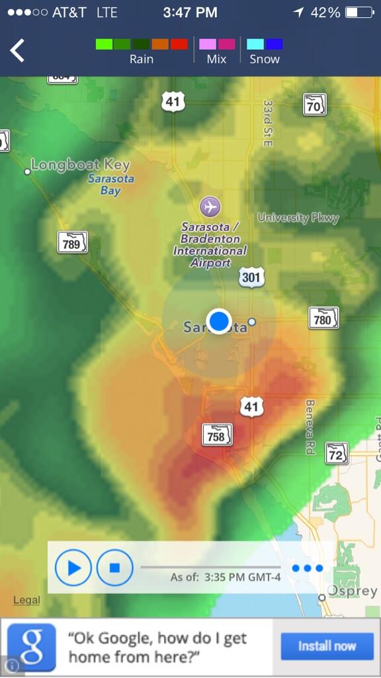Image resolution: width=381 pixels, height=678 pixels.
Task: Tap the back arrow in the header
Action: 17,50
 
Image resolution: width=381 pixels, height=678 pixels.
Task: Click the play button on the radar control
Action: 73,567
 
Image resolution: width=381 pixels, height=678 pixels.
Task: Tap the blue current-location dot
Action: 218,321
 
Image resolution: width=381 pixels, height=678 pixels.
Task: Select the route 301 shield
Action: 251,277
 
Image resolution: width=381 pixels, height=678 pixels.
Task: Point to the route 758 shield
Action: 217,435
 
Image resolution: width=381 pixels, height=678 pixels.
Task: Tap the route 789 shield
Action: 71,244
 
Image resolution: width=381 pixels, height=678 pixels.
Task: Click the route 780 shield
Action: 323,320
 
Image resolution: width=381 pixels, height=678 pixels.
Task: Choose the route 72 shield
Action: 337,454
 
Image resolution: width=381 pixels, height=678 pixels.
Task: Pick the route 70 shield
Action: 315,104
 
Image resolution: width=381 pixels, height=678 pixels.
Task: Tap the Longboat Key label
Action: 80,165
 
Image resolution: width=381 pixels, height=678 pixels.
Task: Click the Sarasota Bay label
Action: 110,185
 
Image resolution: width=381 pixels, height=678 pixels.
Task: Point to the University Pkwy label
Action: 298,218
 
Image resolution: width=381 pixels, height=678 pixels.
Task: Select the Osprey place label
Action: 353,591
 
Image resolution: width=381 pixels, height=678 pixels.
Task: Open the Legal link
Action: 26,600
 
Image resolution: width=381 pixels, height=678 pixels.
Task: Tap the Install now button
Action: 327,646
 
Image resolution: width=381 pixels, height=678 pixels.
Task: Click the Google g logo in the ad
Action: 32,647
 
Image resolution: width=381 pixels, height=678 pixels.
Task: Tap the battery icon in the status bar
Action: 359,13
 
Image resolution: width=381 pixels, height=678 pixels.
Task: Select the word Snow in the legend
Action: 265,59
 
